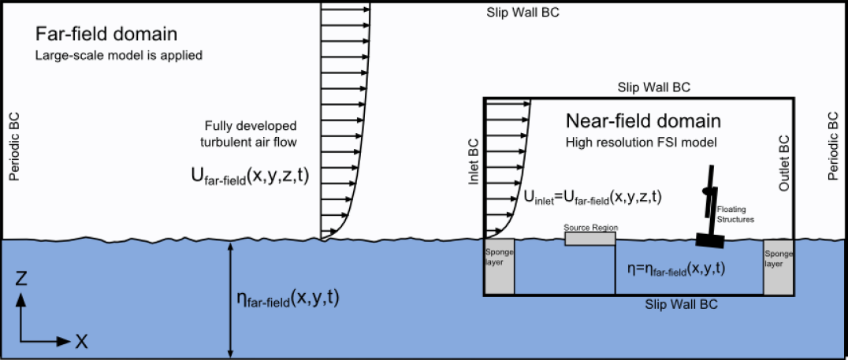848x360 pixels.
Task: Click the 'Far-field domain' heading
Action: tap(106, 35)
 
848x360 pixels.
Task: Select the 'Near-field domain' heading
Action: tap(643, 121)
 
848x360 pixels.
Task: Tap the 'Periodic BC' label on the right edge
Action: tap(833, 146)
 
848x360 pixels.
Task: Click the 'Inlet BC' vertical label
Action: tap(473, 161)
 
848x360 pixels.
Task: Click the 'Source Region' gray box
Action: tap(590, 238)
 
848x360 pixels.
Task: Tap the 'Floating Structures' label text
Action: tap(735, 214)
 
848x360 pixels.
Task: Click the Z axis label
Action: tap(23, 279)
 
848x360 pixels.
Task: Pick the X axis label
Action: tap(81, 341)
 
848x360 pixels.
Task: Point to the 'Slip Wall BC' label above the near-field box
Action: tap(654, 87)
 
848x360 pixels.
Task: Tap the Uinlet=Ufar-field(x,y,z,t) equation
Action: tap(592, 199)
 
